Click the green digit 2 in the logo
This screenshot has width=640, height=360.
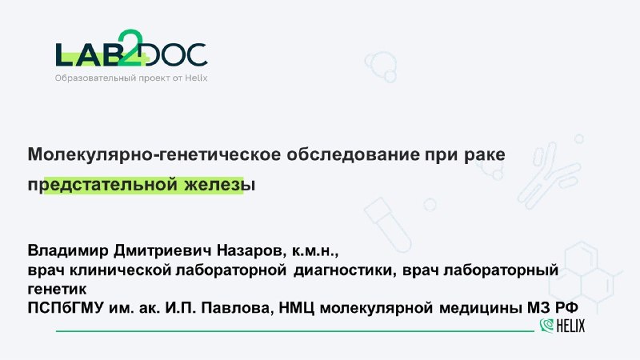pos(130,48)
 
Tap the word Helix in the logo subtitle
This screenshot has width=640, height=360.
pos(196,78)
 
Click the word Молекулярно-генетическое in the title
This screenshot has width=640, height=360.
pos(154,154)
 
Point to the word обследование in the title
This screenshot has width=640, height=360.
pos(353,154)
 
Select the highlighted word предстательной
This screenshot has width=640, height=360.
pos(103,186)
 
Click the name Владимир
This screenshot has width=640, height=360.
pos(68,250)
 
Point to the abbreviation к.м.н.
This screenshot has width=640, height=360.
pos(315,251)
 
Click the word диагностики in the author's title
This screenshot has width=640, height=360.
pos(345,270)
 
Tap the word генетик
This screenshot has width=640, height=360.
pos(57,290)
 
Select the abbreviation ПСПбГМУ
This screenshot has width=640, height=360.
pos(66,308)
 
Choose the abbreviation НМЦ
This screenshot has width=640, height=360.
pos(296,308)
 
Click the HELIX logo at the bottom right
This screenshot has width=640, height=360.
pos(562,326)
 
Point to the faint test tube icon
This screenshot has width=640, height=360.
pos(388,226)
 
